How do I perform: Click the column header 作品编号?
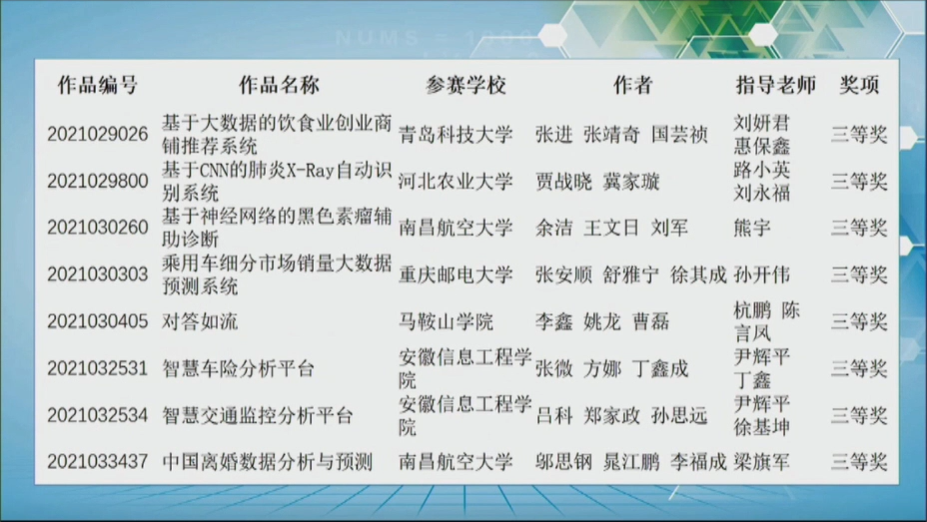[97, 86]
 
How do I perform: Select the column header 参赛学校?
[465, 86]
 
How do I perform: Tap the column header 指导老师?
[774, 86]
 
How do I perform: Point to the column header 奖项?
[859, 86]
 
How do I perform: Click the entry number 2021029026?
[98, 135]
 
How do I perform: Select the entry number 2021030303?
[98, 274]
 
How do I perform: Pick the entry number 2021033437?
[98, 462]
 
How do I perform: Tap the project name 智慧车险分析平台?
[239, 368]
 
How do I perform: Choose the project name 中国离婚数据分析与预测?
[267, 462]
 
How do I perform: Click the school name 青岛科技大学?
[456, 135]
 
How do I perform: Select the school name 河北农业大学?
[456, 182]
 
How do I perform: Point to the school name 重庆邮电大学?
[456, 274]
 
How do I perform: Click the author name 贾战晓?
[563, 182]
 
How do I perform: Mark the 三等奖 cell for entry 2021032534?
[859, 415]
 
